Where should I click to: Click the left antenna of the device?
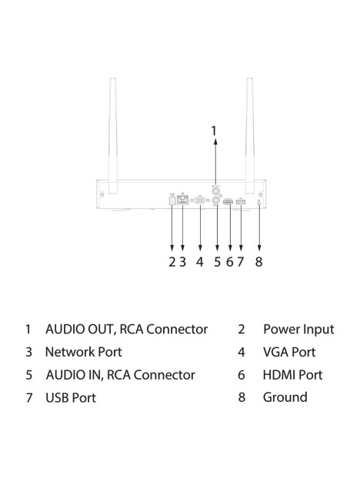(x=113, y=136)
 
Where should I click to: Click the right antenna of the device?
(x=250, y=136)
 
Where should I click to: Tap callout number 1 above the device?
(x=214, y=131)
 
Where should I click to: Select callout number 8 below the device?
(x=258, y=261)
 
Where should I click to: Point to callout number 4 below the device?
(x=199, y=261)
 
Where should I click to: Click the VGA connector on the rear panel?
(x=200, y=201)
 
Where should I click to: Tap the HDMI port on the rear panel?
(x=228, y=201)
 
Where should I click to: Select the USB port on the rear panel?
(x=241, y=201)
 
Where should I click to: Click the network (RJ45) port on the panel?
(x=182, y=200)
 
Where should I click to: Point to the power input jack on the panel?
(x=172, y=201)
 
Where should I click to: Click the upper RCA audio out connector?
(x=216, y=191)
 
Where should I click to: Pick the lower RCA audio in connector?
(x=216, y=200)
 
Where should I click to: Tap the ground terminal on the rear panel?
(x=259, y=202)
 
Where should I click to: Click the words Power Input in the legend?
(x=298, y=329)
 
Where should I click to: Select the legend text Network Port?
(x=83, y=352)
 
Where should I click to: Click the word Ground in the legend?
(x=285, y=397)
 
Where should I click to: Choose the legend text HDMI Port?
(x=292, y=375)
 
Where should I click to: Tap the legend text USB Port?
(x=71, y=398)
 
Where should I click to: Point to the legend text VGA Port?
(x=289, y=352)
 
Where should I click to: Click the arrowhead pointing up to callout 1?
(x=215, y=141)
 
